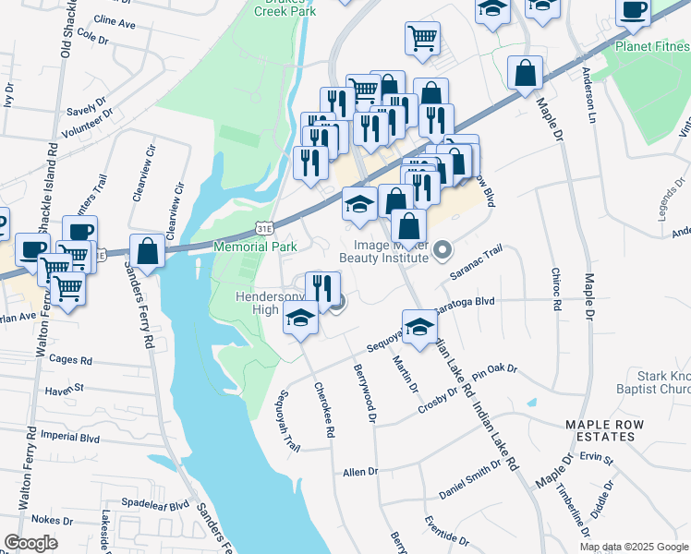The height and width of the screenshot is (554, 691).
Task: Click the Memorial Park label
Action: [255, 247]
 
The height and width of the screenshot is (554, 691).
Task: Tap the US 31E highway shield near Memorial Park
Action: [264, 226]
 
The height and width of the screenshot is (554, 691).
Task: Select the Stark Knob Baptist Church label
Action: [652, 383]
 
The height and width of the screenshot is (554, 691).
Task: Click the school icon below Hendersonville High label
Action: [300, 319]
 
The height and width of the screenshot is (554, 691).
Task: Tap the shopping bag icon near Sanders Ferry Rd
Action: [147, 249]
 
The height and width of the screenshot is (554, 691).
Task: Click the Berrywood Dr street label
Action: [367, 393]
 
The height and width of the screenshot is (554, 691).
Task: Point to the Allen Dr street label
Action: [360, 472]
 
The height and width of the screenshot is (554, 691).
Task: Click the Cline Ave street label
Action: [115, 19]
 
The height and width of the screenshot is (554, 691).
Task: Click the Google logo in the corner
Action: [30, 543]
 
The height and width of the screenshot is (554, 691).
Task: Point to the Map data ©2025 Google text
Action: [634, 547]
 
